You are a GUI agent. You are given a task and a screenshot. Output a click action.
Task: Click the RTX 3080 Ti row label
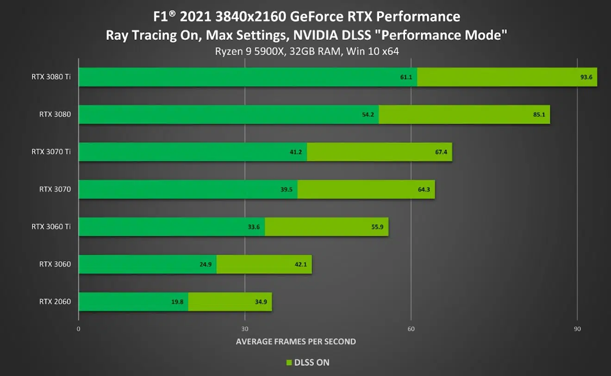click(51, 77)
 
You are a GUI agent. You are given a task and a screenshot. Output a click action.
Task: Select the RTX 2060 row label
click(55, 302)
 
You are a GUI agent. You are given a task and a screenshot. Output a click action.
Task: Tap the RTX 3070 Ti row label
click(51, 152)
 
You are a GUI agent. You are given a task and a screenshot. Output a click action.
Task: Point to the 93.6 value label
click(586, 77)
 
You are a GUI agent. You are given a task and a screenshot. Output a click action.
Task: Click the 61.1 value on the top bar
click(406, 77)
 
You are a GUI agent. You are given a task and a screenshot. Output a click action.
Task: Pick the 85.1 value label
click(539, 114)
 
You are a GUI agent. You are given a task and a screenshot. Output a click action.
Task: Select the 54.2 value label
click(368, 114)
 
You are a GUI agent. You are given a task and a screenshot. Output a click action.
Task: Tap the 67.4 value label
click(441, 152)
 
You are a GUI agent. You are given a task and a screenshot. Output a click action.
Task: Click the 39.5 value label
click(287, 189)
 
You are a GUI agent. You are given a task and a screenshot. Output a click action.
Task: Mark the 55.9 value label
click(378, 227)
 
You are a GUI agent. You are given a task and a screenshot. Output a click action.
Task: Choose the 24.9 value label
click(206, 264)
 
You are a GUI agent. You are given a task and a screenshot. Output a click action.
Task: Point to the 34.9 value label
click(261, 302)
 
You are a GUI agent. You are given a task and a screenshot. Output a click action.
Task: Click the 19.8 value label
click(177, 302)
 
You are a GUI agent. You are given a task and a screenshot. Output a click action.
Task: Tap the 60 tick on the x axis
click(411, 329)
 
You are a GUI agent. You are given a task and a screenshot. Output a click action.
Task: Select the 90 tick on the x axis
click(577, 329)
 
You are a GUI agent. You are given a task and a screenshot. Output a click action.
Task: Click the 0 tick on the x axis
click(79, 329)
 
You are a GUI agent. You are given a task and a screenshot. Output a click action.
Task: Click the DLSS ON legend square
click(289, 363)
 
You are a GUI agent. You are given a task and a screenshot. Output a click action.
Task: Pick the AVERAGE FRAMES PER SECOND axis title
click(296, 342)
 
